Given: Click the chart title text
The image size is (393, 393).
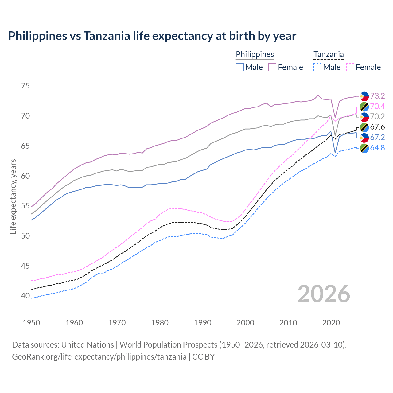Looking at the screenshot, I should click(x=152, y=36).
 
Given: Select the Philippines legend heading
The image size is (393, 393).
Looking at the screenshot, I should click(x=255, y=54).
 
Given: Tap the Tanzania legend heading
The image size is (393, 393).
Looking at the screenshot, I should click(x=329, y=54).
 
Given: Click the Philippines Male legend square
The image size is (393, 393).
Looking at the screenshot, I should click(x=240, y=67).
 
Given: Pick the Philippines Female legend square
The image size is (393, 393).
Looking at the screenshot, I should click(x=272, y=67).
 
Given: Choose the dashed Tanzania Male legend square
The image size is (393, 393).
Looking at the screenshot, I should click(x=317, y=67).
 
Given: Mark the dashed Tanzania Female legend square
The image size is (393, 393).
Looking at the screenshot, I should click(x=350, y=67).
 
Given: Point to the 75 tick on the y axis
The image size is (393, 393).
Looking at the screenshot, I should click(x=25, y=86).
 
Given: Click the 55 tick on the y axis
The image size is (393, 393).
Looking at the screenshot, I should click(x=25, y=206).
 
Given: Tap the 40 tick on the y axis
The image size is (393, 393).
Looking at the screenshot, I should click(x=25, y=296).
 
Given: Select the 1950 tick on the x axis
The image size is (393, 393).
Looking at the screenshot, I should click(x=31, y=323).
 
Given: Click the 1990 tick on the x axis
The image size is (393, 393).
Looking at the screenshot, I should click(x=203, y=323).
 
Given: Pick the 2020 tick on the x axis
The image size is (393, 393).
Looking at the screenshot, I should click(x=331, y=323).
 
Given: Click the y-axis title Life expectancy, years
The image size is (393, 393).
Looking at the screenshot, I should click(x=13, y=196).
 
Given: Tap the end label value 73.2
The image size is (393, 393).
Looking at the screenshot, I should click(x=377, y=96).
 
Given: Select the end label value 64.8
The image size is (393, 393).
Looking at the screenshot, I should click(x=377, y=148).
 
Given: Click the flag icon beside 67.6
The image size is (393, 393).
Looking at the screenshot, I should click(x=364, y=127).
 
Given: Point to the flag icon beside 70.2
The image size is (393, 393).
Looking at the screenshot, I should click(x=364, y=117).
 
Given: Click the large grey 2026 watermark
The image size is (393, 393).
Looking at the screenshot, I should click(x=324, y=294).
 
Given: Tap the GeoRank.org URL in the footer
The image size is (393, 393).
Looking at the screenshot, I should click(x=99, y=357).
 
